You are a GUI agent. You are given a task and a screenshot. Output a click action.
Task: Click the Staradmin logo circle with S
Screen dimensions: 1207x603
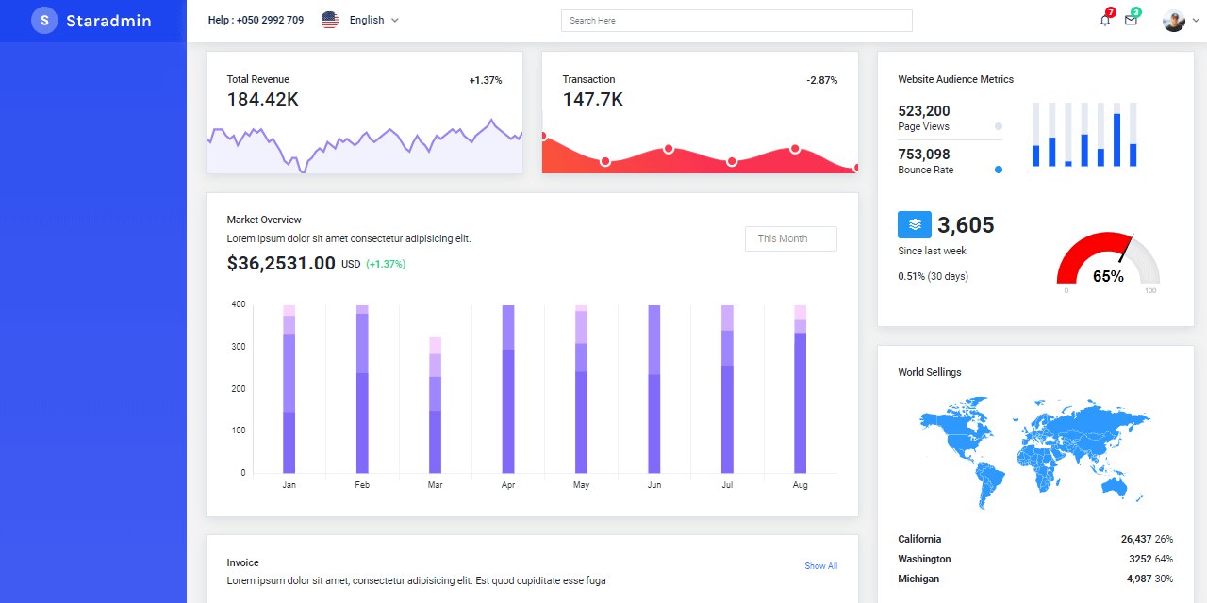click(44, 21)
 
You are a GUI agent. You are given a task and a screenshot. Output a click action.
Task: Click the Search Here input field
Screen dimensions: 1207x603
click(736, 21)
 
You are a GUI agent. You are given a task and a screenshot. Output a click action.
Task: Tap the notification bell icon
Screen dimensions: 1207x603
click(1105, 21)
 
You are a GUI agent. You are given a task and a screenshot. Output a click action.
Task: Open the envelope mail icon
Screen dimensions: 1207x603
click(1131, 21)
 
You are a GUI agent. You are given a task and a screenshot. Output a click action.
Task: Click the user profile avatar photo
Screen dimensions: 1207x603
click(1174, 21)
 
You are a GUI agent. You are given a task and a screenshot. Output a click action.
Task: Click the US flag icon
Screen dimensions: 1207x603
click(330, 20)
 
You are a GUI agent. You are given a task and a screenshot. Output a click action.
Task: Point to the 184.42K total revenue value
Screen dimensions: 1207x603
click(262, 100)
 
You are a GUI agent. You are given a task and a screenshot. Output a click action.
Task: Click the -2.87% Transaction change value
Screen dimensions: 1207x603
click(821, 80)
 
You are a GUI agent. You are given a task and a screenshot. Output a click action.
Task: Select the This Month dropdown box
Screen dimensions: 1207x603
click(791, 238)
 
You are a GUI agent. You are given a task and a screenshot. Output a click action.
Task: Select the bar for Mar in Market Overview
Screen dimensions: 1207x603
click(435, 405)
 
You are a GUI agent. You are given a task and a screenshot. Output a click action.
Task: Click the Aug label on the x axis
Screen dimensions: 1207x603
click(801, 485)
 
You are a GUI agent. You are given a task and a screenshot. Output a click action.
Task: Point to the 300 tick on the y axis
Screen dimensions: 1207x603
click(239, 346)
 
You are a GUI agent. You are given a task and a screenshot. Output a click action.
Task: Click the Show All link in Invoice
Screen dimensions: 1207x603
click(820, 566)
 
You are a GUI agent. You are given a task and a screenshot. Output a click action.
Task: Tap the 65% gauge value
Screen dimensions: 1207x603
click(1108, 276)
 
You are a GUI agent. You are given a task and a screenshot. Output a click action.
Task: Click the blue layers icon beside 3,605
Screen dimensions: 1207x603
click(915, 224)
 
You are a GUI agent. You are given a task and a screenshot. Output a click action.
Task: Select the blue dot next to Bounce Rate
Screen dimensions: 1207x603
click(999, 170)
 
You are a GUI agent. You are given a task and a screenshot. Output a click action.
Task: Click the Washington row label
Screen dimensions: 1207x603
click(924, 559)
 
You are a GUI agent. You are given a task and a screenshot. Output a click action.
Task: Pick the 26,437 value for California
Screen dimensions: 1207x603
click(1136, 539)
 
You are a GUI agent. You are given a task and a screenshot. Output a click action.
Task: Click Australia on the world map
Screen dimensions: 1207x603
click(1115, 487)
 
